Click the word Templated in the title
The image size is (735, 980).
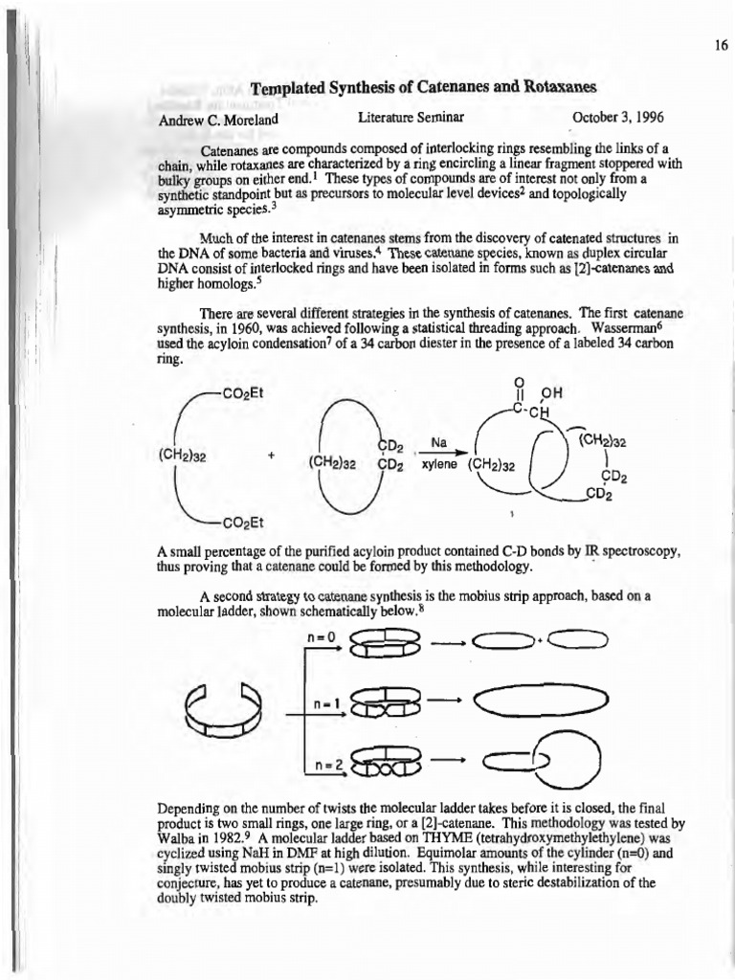click(291, 88)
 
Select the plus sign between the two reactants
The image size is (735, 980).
click(273, 455)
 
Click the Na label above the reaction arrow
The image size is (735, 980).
click(439, 442)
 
